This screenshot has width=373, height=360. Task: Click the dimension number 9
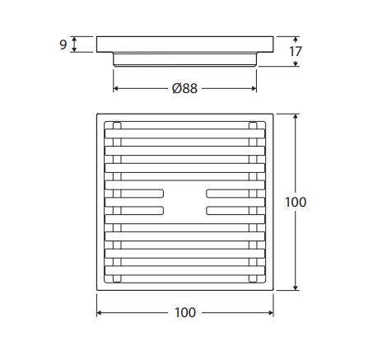63,44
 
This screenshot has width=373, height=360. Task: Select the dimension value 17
296,51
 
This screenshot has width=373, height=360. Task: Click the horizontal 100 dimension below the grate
186,312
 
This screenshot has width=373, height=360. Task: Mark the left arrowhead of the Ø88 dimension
115,88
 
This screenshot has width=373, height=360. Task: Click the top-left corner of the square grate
98,113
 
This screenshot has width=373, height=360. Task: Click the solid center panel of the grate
184,203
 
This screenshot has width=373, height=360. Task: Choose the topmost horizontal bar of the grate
184,129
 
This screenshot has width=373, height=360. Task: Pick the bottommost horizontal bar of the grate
184,276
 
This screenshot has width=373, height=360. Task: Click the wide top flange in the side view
184,44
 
